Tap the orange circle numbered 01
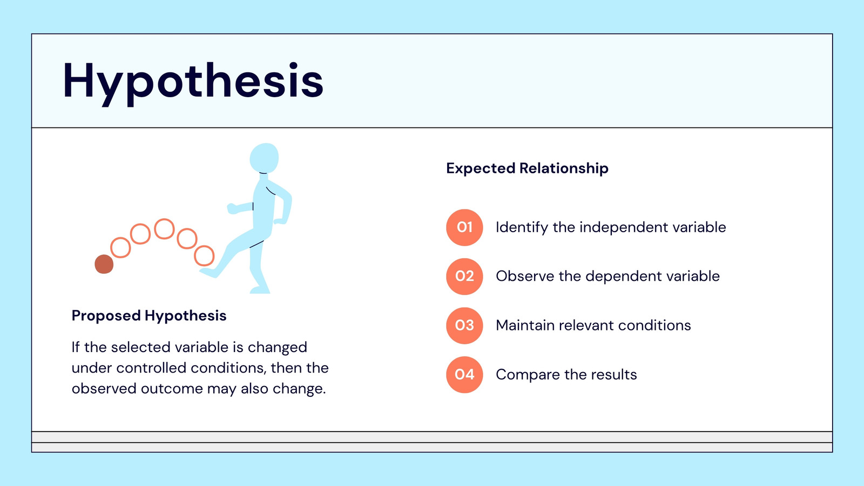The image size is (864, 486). (464, 227)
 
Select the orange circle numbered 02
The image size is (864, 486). (464, 276)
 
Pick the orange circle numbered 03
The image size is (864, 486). (464, 326)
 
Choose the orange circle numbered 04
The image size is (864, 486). (464, 375)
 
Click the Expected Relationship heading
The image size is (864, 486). (527, 168)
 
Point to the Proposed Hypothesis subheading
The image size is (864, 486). (149, 316)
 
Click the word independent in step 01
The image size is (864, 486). (624, 227)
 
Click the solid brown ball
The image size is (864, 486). (104, 264)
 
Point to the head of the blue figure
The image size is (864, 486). (264, 158)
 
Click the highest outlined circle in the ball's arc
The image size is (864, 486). (164, 229)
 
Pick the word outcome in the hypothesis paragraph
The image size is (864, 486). (172, 389)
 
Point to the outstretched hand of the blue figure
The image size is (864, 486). (232, 208)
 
